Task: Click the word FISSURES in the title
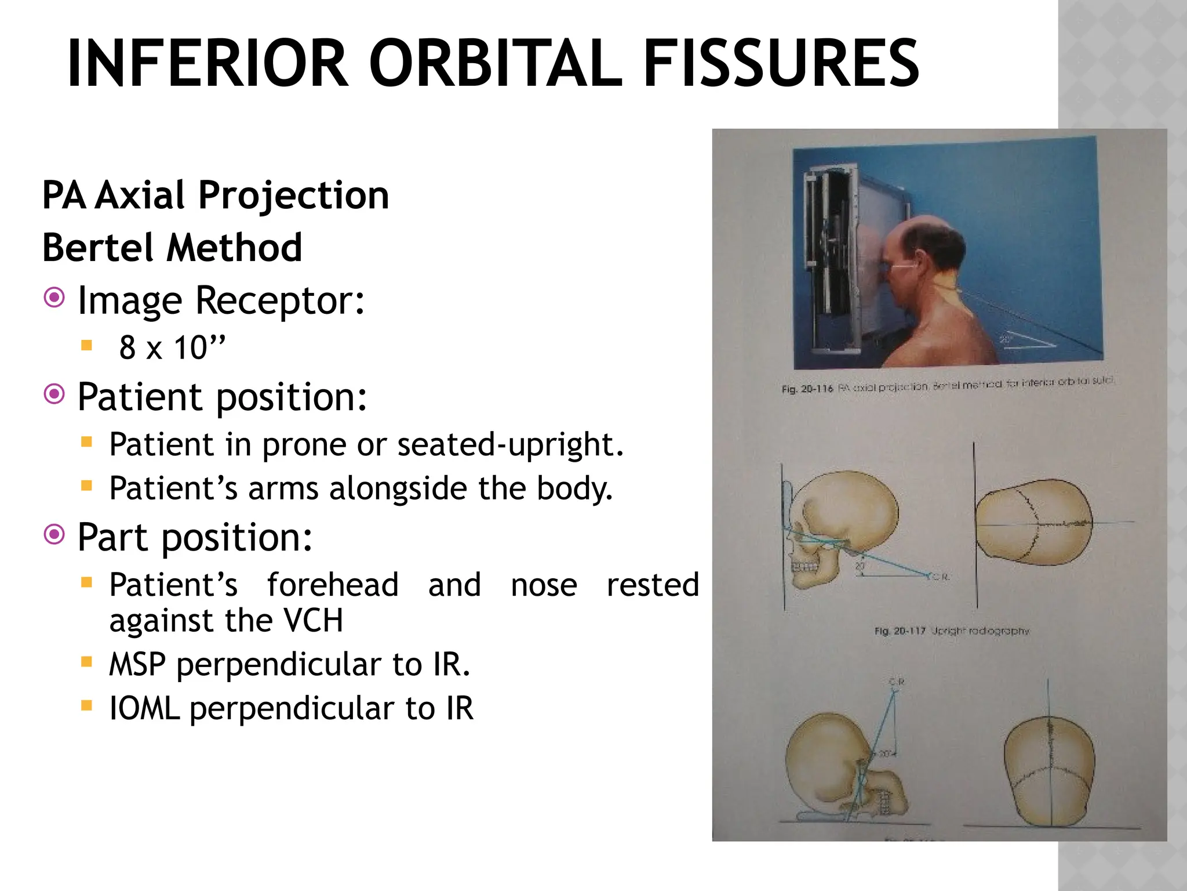tap(781, 63)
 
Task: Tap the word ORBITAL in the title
tap(496, 63)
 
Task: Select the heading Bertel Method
tap(172, 248)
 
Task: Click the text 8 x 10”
tap(172, 347)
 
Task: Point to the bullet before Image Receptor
tap(54, 299)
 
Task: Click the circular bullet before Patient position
tap(54, 395)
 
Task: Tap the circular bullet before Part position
tap(54, 535)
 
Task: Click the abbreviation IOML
tap(144, 708)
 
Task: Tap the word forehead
tap(333, 584)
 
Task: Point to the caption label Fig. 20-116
tap(807, 389)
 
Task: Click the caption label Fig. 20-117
tap(900, 631)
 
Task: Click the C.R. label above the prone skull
tap(897, 682)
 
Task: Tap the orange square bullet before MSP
tap(87, 661)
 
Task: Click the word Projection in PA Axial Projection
tap(293, 195)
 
